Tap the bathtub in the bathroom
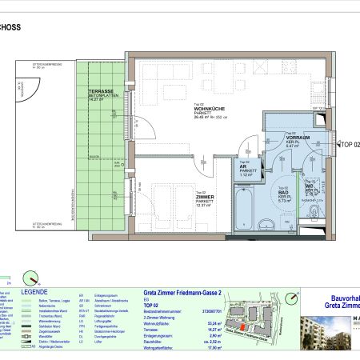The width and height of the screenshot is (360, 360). pos(266,210)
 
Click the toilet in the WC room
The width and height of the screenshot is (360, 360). pos(315,211)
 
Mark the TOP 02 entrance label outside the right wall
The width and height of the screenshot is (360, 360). pos(350,145)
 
